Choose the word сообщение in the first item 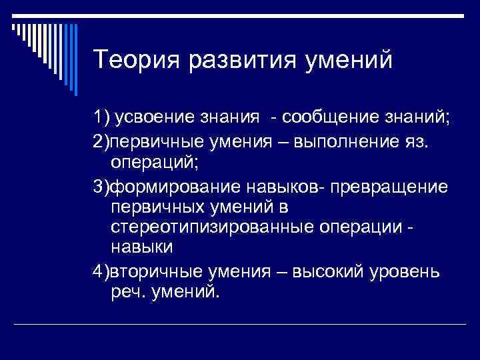point(322,118)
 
